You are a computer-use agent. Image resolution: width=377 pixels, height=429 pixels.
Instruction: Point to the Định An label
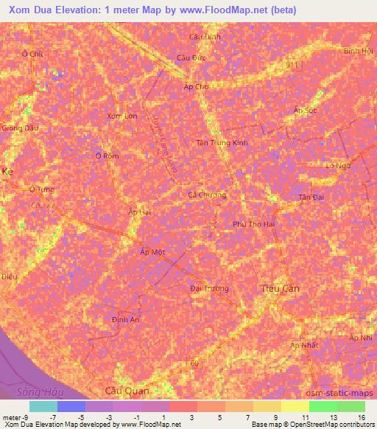click(125, 319)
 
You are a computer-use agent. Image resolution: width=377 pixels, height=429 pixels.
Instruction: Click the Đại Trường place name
click(209, 288)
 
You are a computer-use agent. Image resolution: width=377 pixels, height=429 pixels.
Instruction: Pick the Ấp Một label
click(152, 251)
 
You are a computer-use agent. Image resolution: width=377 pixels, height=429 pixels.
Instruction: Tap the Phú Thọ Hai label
click(253, 223)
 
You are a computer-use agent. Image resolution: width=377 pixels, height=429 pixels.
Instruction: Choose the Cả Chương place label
click(207, 195)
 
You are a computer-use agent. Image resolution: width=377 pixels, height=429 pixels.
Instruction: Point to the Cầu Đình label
click(205, 36)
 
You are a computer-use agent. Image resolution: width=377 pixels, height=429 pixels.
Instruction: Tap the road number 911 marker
click(293, 66)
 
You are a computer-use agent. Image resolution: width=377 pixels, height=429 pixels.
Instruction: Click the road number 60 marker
click(195, 363)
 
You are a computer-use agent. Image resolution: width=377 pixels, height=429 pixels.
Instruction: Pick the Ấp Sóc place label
click(304, 110)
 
